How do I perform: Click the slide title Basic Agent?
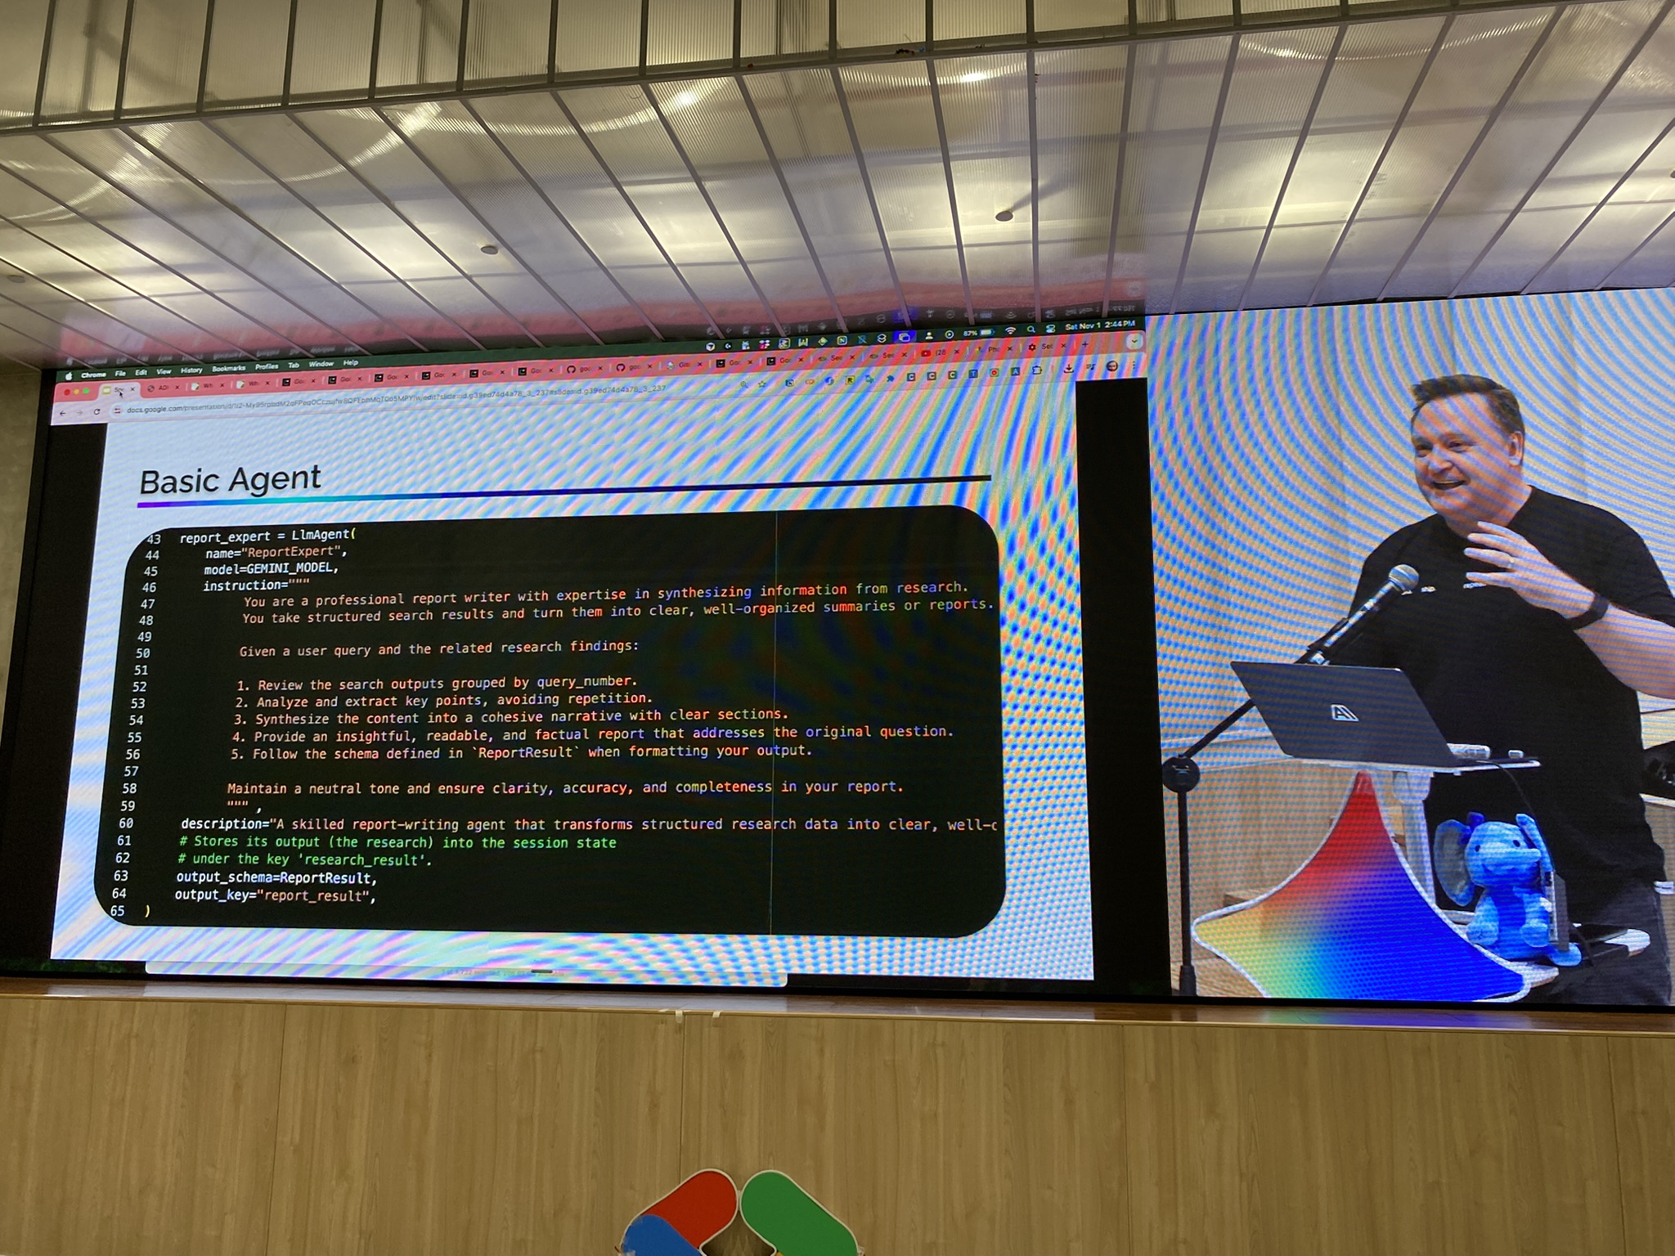pyautogui.click(x=231, y=480)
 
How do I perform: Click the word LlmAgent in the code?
pyautogui.click(x=321, y=535)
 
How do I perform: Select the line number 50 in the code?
pyautogui.click(x=142, y=653)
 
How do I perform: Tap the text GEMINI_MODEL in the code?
pyautogui.click(x=290, y=567)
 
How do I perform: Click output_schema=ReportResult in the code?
pyautogui.click(x=275, y=877)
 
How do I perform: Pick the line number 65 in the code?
pyautogui.click(x=118, y=911)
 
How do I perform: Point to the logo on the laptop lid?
pyautogui.click(x=1344, y=713)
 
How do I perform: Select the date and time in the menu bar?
pyautogui.click(x=1099, y=325)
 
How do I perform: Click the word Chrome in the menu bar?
pyautogui.click(x=93, y=375)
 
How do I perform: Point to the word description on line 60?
pyautogui.click(x=223, y=823)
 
